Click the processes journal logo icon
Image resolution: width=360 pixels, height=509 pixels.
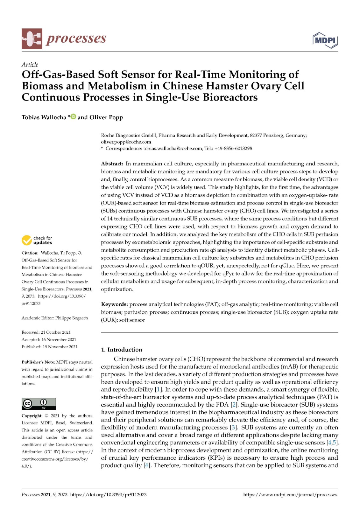pyautogui.click(x=32, y=39)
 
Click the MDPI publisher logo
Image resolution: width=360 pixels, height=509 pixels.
pyautogui.click(x=325, y=40)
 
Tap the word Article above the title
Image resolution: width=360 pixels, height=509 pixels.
pyautogui.click(x=30, y=65)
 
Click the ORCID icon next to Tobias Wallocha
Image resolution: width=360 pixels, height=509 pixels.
pyautogui.click(x=74, y=117)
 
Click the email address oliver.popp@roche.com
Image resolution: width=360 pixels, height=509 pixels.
pyautogui.click(x=126, y=142)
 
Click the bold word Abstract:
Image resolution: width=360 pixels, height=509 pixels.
pyautogui.click(x=112, y=164)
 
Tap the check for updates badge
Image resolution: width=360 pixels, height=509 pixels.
pyautogui.click(x=37, y=240)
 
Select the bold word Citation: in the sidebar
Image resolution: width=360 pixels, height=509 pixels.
pyautogui.click(x=30, y=253)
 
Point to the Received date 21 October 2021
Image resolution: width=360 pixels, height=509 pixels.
pyautogui.click(x=56, y=332)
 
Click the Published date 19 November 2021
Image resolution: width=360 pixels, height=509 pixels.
pyautogui.click(x=60, y=347)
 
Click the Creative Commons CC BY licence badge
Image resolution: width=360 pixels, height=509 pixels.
pyautogui.click(x=39, y=404)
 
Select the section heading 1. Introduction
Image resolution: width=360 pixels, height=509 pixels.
pyautogui.click(x=122, y=350)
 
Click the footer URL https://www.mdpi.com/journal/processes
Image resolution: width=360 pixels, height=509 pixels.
pyautogui.click(x=290, y=495)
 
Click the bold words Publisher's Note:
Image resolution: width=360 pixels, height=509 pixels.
pyautogui.click(x=38, y=362)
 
